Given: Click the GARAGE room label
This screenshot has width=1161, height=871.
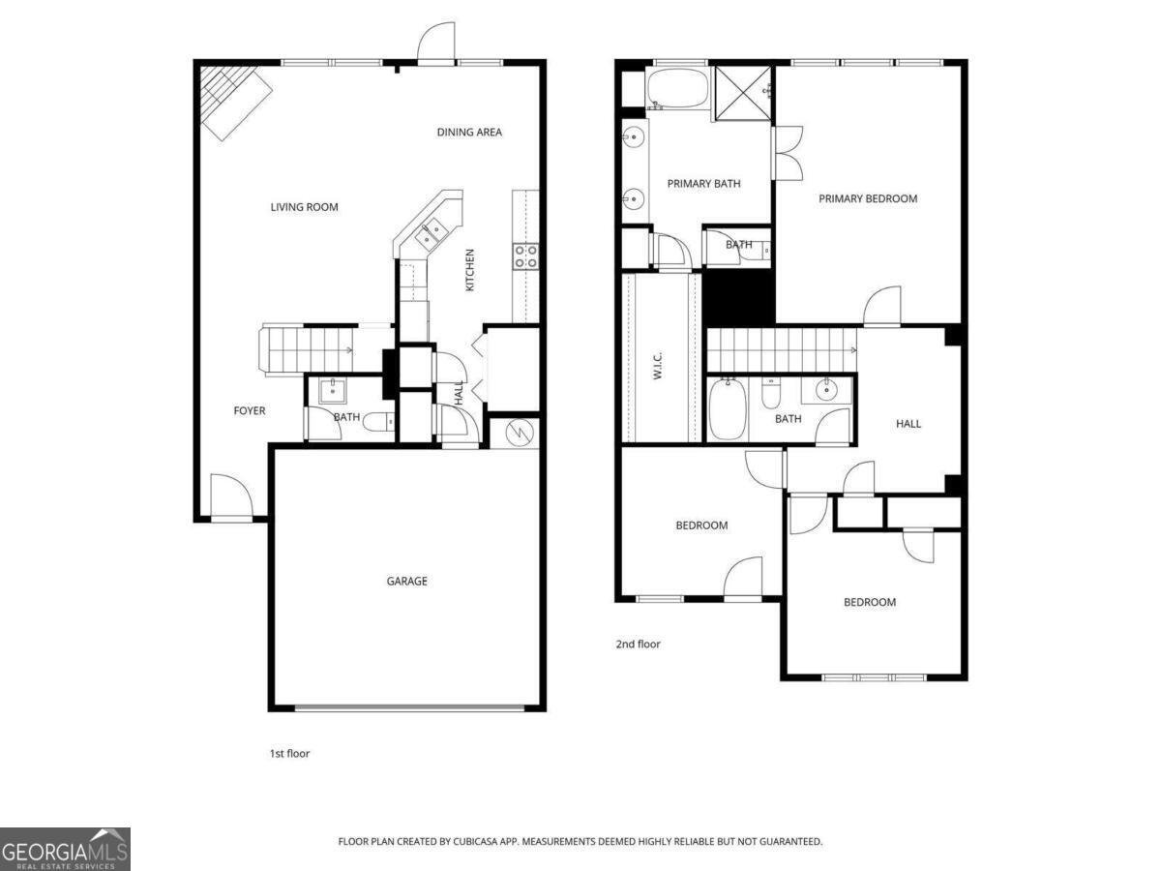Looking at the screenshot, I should [406, 582].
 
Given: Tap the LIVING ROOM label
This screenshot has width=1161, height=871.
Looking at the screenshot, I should [304, 207].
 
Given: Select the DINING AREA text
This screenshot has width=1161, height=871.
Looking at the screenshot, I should [469, 133].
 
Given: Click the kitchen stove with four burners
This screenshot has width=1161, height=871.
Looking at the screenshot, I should [525, 255].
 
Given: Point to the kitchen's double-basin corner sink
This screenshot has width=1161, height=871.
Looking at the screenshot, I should [431, 233].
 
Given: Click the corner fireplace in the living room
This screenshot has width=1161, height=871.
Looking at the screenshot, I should [232, 97].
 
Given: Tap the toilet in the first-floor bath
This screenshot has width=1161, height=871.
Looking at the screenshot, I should [382, 421].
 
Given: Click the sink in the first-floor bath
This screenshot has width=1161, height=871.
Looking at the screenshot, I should [333, 391].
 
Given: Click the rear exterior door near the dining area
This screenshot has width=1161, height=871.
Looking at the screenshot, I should [436, 44].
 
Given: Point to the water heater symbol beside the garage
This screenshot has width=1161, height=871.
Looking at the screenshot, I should [515, 432].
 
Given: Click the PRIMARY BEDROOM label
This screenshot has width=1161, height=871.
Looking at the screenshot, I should [868, 199].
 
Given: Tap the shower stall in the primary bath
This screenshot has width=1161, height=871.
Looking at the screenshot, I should [743, 94].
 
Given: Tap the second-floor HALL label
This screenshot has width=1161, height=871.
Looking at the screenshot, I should [908, 424].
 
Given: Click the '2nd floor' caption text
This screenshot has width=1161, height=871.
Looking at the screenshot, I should [638, 645].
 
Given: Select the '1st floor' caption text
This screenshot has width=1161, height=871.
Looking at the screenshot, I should [289, 753].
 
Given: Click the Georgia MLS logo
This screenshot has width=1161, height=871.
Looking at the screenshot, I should [65, 849].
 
